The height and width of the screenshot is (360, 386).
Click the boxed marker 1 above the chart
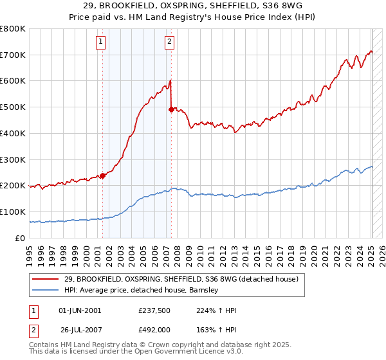pos(102,42)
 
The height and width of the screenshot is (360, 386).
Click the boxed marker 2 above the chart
pos(169,42)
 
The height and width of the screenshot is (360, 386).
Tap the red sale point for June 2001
pos(102,175)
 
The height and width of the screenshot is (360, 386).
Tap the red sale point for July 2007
pos(171,109)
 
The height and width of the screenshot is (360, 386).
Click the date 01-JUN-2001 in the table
pos(80,310)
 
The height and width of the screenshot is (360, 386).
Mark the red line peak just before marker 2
pos(170,80)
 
